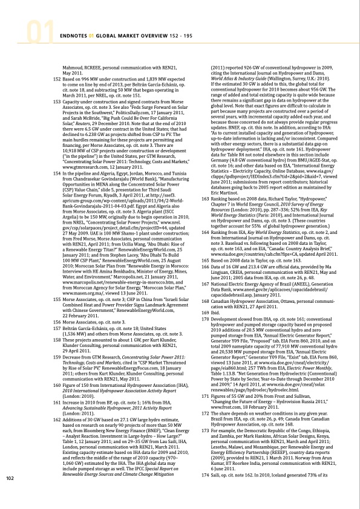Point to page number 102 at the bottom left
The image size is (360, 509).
tap(9, 495)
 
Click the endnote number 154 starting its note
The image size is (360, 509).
tap(57, 157)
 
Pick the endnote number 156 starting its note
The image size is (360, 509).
tap(57, 305)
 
